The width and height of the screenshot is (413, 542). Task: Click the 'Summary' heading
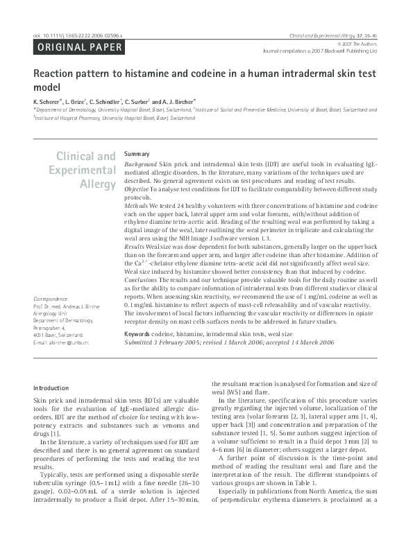click(136, 153)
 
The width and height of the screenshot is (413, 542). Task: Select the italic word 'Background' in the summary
click(141, 161)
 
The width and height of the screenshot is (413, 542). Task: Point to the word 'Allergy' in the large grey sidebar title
click(97, 184)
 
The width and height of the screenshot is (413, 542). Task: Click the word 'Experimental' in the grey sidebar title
click(83, 171)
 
